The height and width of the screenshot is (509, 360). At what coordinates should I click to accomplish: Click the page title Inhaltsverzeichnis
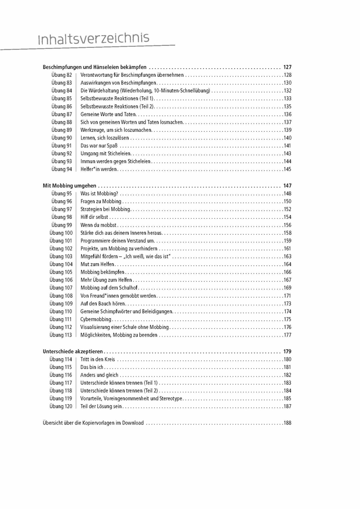[x=94, y=38]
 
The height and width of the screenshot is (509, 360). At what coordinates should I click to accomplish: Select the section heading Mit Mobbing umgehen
[x=70, y=186]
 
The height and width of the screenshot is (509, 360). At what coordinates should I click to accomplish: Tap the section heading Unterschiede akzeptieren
[x=73, y=351]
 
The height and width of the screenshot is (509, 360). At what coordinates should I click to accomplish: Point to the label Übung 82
[x=62, y=75]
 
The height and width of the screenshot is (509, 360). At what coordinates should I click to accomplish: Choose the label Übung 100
[x=61, y=233]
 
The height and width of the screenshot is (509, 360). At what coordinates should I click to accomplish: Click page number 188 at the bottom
[x=287, y=422]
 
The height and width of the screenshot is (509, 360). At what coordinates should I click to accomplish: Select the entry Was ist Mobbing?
[x=99, y=193]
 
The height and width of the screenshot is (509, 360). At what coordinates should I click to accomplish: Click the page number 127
[x=287, y=67]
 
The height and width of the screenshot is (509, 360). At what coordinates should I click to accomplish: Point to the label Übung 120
[x=61, y=407]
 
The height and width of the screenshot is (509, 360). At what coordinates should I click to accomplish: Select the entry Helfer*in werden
[x=99, y=169]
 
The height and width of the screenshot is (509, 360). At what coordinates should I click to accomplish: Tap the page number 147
[x=287, y=186]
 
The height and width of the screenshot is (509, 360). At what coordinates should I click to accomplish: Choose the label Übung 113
[x=61, y=335]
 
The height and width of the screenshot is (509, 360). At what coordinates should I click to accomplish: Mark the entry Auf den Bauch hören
[x=103, y=303]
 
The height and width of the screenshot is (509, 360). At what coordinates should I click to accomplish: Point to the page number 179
[x=287, y=351]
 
